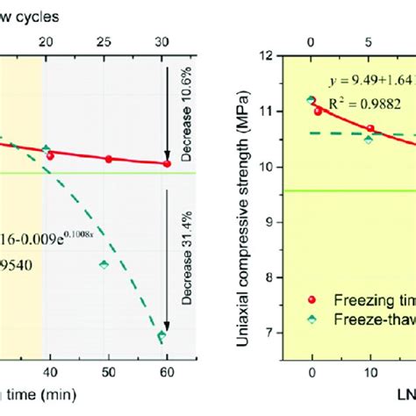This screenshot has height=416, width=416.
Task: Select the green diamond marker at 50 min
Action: [104, 263]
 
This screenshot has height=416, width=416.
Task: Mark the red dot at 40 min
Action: [50, 155]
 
